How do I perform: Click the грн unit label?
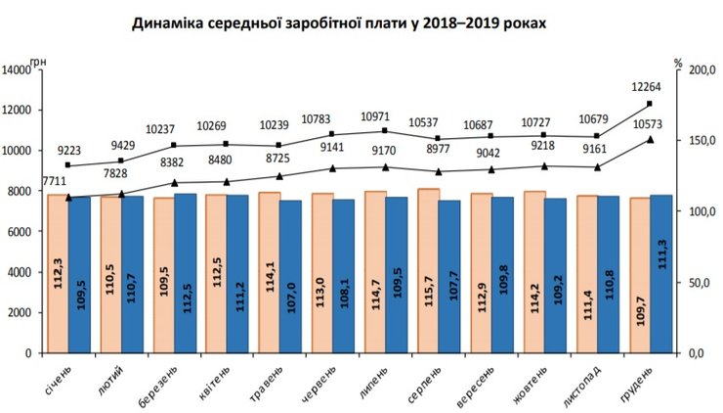(38, 61)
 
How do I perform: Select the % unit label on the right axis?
(677, 61)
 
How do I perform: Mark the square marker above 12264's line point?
(649, 104)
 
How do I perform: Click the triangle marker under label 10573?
(649, 140)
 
